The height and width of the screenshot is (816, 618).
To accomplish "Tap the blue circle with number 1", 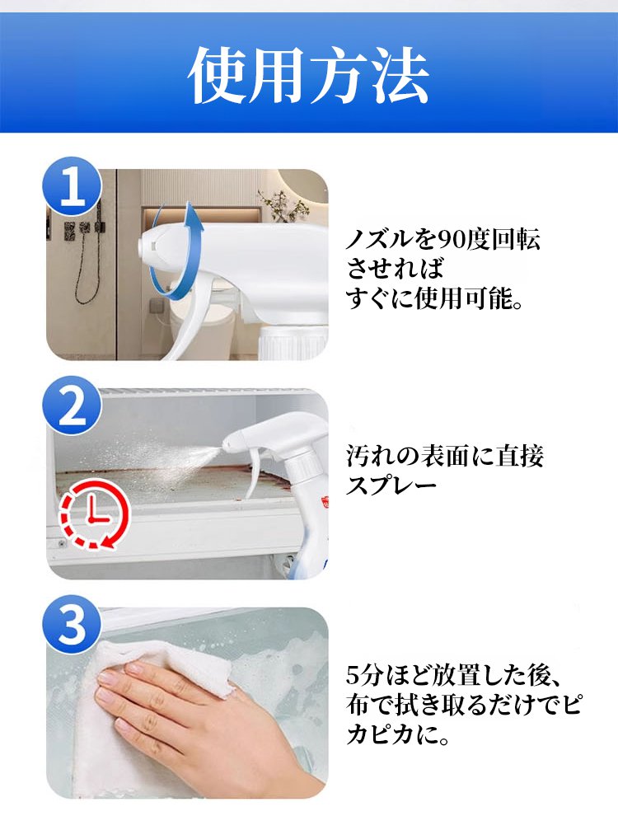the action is click(73, 186).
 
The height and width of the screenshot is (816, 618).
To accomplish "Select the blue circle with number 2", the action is click(73, 406).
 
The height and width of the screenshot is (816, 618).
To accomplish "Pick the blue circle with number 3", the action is click(73, 625).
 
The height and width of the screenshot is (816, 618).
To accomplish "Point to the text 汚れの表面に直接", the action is click(445, 457).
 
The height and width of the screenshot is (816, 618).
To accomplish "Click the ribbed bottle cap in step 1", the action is click(294, 342).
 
